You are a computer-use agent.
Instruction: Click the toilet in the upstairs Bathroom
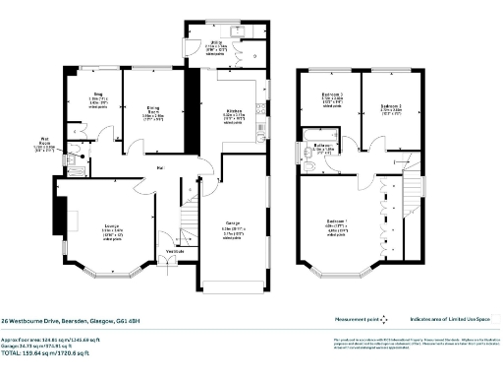point(308,168)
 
